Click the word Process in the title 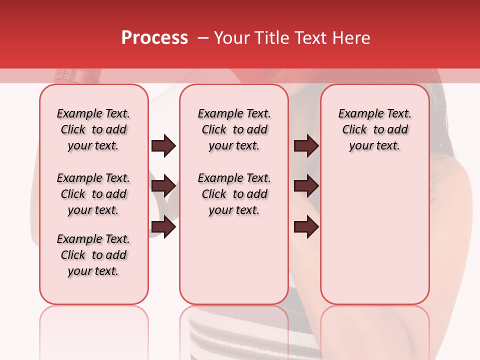click(154, 38)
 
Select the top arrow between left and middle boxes click(163, 146)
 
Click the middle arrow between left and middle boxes click(163, 186)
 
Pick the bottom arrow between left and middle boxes click(163, 226)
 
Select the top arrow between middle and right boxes click(306, 146)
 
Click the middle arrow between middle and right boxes click(306, 186)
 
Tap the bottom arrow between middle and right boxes click(306, 226)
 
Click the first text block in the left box click(93, 129)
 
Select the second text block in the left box click(93, 194)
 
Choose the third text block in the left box click(93, 255)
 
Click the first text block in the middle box click(234, 129)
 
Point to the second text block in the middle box click(234, 194)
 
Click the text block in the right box click(374, 129)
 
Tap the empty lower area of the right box click(374, 240)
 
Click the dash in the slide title click(203, 38)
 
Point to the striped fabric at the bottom click(240, 340)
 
